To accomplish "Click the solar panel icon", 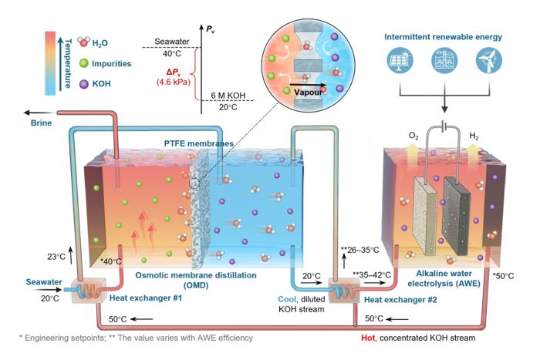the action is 400,61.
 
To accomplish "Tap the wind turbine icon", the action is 488,61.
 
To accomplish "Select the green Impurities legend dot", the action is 83,63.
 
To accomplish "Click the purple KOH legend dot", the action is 83,83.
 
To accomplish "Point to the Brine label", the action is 41,123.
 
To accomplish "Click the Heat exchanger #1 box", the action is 89,291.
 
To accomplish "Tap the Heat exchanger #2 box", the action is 344,291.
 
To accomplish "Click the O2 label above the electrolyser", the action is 413,136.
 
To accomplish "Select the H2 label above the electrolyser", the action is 474,136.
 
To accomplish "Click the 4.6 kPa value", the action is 174,82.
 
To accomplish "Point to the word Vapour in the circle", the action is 308,93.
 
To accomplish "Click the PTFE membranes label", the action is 199,143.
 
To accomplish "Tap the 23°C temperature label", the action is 56,257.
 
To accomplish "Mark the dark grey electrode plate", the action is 457,216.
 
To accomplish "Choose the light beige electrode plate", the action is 427,216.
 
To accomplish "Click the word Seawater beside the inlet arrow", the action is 44,282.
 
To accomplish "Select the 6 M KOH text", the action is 228,96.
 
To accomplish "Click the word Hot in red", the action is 368,338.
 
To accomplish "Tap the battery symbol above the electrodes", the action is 444,127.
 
